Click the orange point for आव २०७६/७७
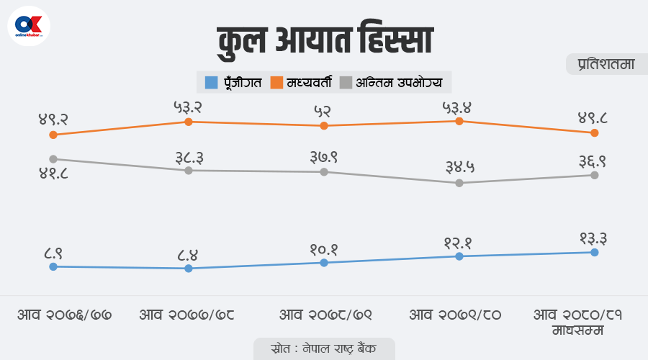53,135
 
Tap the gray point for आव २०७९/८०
459,183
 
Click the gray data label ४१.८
53,174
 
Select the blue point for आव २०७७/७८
189,269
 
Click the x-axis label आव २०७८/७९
324,315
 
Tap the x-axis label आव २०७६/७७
65,315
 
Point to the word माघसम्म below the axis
578,330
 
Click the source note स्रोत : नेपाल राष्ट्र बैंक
324,348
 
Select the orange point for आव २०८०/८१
594,133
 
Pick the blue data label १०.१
324,249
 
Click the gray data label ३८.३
189,156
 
